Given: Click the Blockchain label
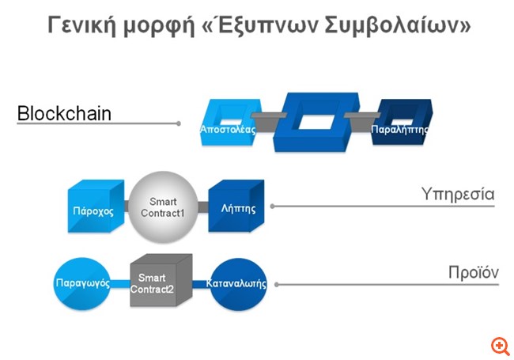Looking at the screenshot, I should point(64,114).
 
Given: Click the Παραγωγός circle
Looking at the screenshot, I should point(81,282).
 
